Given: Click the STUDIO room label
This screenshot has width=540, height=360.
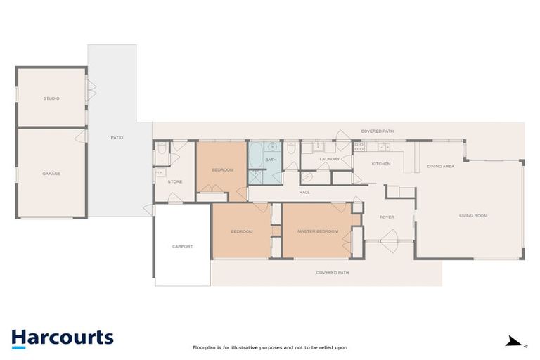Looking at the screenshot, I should pyautogui.click(x=51, y=98).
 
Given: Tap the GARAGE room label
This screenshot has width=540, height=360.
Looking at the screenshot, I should pyautogui.click(x=51, y=174).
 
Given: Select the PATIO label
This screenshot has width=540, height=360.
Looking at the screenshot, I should pyautogui.click(x=117, y=137).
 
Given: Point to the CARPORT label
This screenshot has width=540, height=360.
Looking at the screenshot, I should pyautogui.click(x=182, y=246).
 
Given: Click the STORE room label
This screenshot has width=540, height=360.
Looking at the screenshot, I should pyautogui.click(x=175, y=182).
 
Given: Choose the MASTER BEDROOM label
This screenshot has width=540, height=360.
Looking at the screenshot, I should pyautogui.click(x=318, y=231).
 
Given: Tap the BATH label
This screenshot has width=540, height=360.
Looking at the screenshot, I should pyautogui.click(x=271, y=160).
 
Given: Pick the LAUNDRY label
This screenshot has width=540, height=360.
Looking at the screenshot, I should pyautogui.click(x=330, y=159).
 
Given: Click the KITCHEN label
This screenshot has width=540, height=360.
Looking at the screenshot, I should pyautogui.click(x=381, y=164).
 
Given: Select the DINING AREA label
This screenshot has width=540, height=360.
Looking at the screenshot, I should pyautogui.click(x=441, y=166).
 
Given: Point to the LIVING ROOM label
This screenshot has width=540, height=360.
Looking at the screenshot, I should pyautogui.click(x=473, y=215).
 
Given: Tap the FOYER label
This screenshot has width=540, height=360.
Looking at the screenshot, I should pyautogui.click(x=387, y=217).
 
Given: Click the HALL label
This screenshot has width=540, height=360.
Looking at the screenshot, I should pyautogui.click(x=304, y=192).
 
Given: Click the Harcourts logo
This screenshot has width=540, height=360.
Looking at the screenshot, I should pyautogui.click(x=62, y=337).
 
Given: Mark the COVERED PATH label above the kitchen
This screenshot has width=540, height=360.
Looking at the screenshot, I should pyautogui.click(x=377, y=131).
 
